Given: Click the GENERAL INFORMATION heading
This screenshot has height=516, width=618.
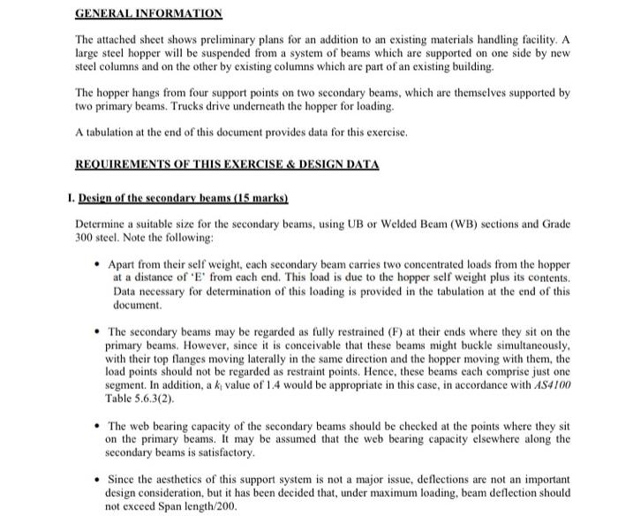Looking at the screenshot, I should tap(148, 14).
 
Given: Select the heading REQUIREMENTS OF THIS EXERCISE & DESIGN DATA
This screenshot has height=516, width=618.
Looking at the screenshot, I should tap(227, 164).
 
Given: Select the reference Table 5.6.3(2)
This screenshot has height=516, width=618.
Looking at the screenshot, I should tap(142, 399).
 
